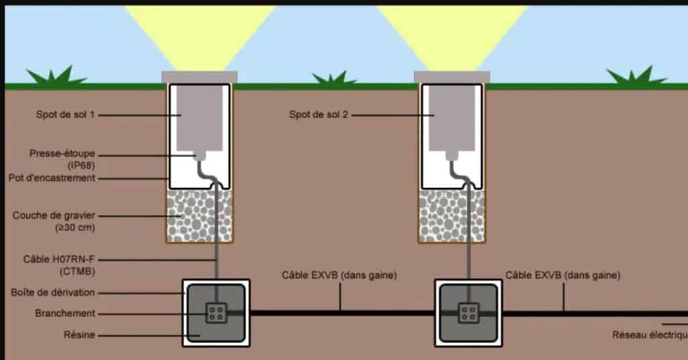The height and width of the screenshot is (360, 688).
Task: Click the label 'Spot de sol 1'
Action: click(65, 115)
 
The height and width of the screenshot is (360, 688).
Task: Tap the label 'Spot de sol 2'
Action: click(318, 115)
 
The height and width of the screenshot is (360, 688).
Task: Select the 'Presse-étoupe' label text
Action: click(62, 154)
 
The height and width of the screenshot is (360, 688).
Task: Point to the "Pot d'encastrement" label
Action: click(52, 178)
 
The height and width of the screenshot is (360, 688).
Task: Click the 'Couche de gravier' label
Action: click(54, 216)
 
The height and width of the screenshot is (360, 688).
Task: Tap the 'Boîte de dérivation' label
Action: click(53, 292)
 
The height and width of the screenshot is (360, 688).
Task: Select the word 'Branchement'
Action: click(65, 314)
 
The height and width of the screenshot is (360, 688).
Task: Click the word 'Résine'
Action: click(79, 334)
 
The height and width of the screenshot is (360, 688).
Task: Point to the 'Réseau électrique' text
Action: click(649, 334)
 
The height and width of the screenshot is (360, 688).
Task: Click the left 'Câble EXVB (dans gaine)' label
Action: click(339, 275)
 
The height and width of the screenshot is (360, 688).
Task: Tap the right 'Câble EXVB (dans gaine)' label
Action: click(563, 275)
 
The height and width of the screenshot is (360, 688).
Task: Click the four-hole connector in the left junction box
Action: click(216, 312)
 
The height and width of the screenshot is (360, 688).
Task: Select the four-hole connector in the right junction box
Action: click(468, 312)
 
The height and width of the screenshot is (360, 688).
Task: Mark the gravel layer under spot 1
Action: click(200, 215)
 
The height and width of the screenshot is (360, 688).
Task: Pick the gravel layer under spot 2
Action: click(452, 215)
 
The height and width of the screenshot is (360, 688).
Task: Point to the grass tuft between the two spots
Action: click(334, 79)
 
